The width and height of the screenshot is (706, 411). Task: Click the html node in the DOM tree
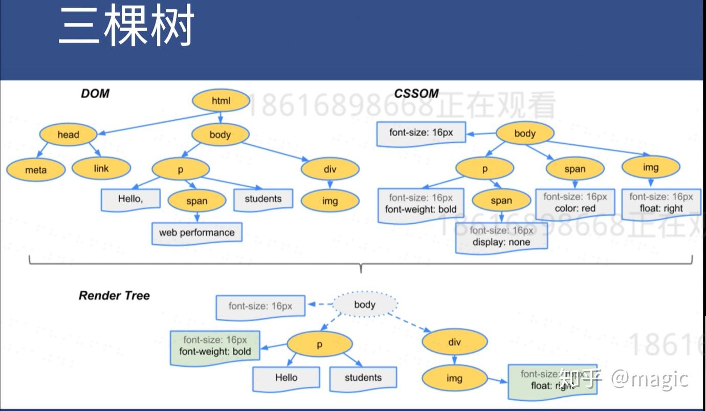pos(221,101)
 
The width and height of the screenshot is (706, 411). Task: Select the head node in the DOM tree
pos(68,135)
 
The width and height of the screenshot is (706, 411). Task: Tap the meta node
pos(36,170)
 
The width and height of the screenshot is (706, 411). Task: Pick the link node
pos(101,168)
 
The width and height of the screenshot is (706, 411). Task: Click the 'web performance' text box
pos(196,232)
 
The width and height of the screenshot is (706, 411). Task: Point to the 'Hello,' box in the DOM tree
pos(130,199)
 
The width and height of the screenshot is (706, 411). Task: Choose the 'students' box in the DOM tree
pos(263,199)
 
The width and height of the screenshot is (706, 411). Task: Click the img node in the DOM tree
pos(330,201)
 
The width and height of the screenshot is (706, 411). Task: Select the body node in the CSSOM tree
pos(525,134)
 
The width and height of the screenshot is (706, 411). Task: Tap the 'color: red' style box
pos(575,203)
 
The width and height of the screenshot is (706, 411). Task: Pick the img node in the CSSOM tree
pos(651,167)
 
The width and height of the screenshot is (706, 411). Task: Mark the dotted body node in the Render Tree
pos(365,305)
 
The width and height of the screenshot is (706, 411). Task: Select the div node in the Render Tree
pos(454,342)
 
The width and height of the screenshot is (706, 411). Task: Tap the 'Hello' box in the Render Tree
pos(286,378)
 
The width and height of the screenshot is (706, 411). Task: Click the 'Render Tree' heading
pos(114,296)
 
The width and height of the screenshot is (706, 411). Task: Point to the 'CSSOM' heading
pos(416,94)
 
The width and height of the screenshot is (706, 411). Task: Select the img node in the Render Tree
pos(454,378)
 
